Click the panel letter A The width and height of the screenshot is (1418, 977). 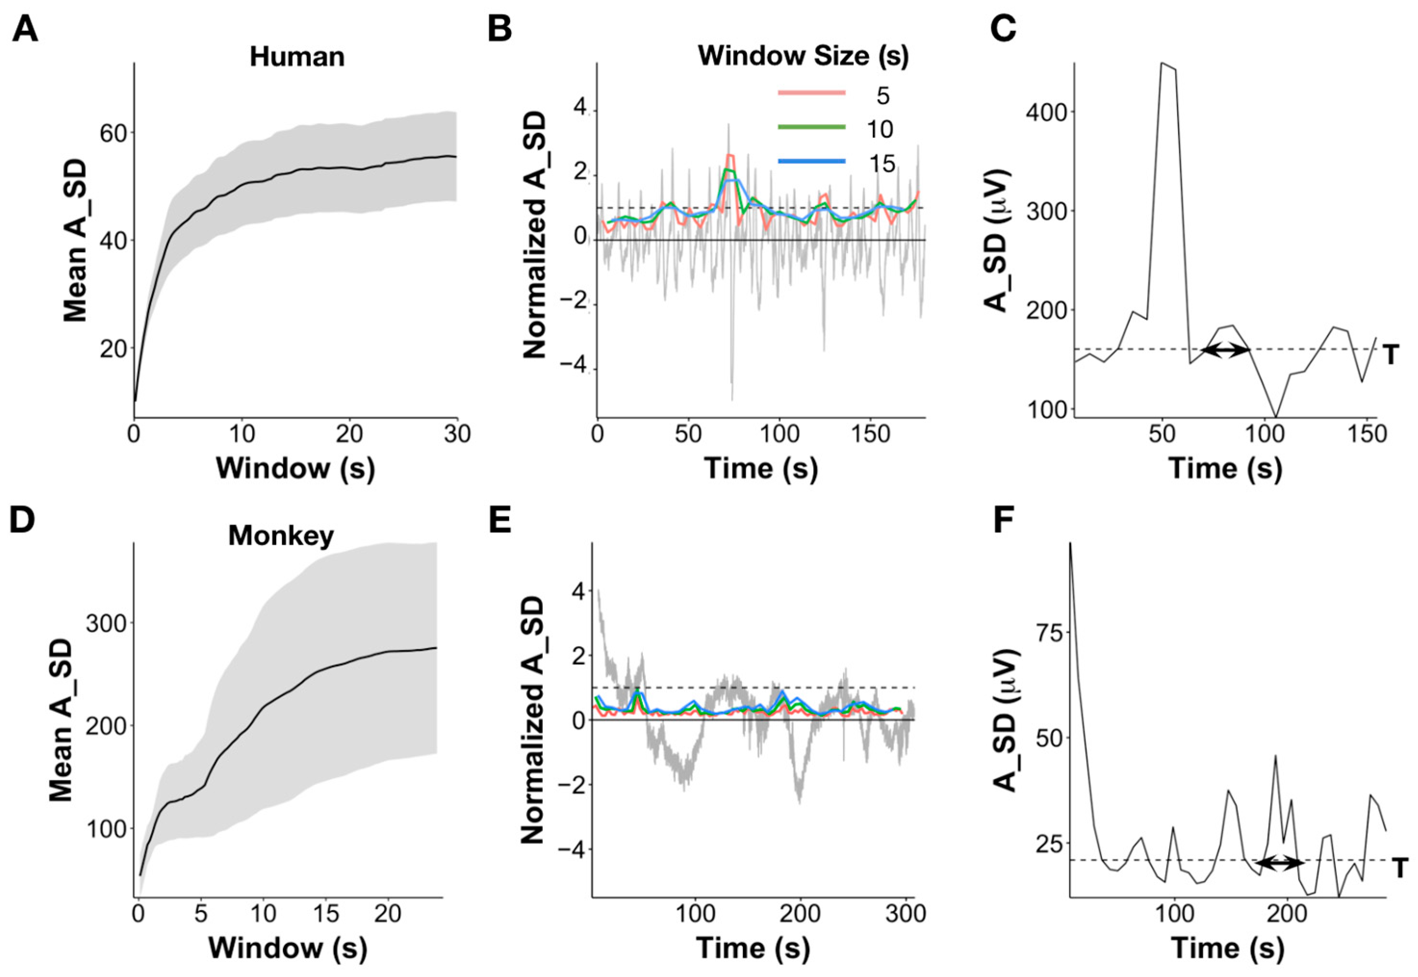[x=25, y=29]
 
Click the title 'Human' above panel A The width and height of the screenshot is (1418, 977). [x=297, y=57]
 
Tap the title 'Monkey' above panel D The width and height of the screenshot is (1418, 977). [x=281, y=536]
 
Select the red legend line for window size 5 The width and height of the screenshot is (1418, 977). [x=812, y=93]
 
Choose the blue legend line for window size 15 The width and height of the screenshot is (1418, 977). [x=812, y=162]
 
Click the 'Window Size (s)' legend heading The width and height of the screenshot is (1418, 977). [x=803, y=56]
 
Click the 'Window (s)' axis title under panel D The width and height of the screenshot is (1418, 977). [x=288, y=948]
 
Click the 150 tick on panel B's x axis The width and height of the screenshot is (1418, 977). [x=870, y=435]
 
